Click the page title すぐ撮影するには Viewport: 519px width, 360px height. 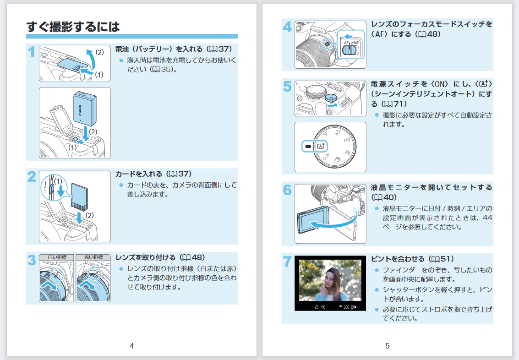pos(73,27)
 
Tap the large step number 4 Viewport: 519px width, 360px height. pos(287,27)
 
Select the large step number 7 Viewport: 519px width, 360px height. pos(287,262)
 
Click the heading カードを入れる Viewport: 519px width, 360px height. pos(139,174)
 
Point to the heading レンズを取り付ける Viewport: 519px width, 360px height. pos(145,257)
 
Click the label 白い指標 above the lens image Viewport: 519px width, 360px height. pos(56,257)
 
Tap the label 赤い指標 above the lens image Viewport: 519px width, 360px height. pos(93,257)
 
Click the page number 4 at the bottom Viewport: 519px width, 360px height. pos(132,346)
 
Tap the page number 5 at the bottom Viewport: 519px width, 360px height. pos(387,346)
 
